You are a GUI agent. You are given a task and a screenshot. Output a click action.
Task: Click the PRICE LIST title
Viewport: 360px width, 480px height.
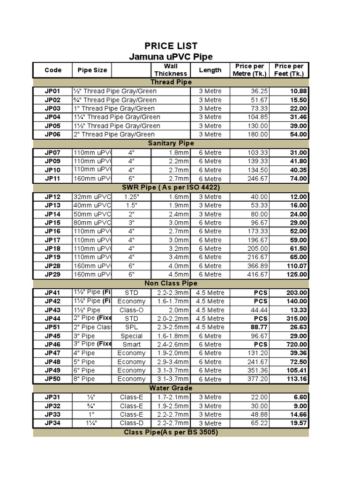171,46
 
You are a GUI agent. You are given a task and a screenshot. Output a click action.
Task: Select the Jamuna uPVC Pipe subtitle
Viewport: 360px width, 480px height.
171,57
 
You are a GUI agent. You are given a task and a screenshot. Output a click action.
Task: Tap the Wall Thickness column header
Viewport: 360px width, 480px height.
171,70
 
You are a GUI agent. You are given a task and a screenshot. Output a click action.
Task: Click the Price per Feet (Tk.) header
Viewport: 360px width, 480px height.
289,70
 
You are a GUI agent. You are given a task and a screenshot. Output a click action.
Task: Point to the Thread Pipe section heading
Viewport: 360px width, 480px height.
171,82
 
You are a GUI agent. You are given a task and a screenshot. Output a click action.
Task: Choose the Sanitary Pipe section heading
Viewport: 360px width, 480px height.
171,143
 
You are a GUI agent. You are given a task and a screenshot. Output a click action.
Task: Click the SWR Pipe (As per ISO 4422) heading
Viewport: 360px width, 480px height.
171,187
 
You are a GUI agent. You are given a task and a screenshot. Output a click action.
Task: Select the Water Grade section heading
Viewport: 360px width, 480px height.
171,388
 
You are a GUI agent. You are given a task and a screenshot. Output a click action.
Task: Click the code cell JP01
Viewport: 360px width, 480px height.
52,91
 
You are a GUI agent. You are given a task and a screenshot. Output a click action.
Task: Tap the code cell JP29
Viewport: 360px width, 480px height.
52,274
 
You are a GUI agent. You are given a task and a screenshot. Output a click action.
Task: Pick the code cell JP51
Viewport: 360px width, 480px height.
52,327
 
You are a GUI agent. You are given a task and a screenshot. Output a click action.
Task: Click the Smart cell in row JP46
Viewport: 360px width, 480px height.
131,345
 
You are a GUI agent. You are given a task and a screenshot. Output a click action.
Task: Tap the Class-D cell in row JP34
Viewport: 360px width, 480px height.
131,423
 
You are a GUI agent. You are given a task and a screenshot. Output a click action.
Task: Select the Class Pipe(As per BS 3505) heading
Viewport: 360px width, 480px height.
171,432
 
